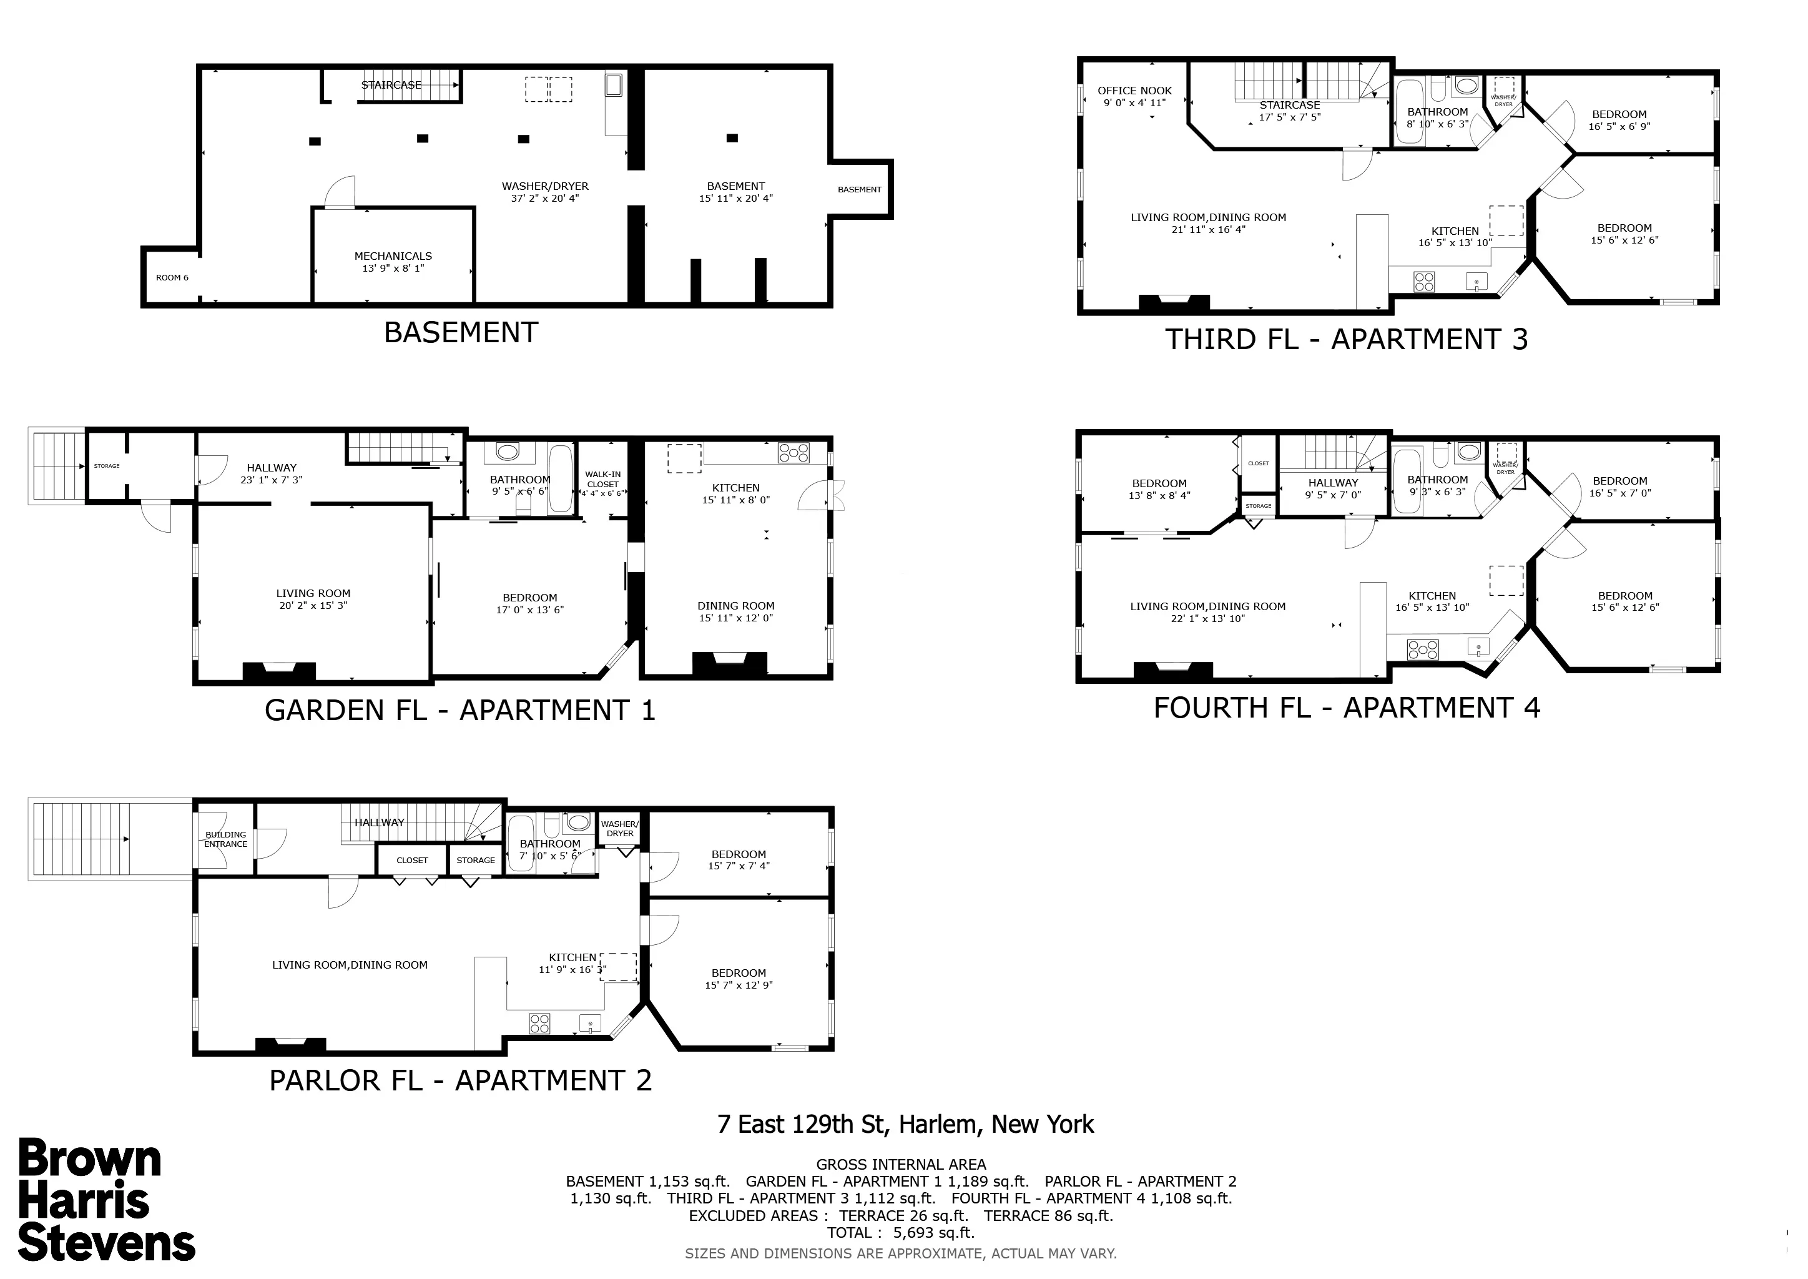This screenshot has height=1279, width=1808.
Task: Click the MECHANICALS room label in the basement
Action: [393, 256]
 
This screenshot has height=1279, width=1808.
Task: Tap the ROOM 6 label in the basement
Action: [172, 278]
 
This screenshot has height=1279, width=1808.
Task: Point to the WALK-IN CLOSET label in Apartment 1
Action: [603, 480]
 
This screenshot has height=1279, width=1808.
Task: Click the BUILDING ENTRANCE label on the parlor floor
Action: [226, 839]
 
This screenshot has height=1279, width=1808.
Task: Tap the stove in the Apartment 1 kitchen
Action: [793, 453]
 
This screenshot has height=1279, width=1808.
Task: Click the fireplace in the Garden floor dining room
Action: [729, 664]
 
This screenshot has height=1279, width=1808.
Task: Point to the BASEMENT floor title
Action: [461, 333]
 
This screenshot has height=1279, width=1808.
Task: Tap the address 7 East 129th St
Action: [906, 1125]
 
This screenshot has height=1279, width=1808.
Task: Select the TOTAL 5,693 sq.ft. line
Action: [901, 1233]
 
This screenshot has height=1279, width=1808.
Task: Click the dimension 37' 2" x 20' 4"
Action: [545, 199]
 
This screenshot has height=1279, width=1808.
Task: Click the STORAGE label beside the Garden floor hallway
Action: [107, 467]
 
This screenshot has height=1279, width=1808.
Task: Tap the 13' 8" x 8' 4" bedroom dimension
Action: [1159, 496]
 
